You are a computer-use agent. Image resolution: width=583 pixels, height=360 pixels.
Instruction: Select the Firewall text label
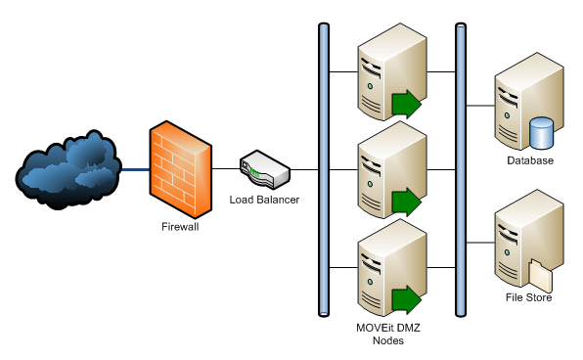pos(179,228)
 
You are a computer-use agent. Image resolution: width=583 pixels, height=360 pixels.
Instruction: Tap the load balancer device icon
pos(264,170)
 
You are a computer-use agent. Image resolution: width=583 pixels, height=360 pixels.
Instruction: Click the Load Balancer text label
pos(264,200)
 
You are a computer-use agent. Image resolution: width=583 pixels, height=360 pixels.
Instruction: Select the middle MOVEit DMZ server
pos(384,170)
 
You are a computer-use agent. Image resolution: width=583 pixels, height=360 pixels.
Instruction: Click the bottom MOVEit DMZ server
pos(384,269)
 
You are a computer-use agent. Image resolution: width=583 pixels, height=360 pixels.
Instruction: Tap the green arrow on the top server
pos(405,103)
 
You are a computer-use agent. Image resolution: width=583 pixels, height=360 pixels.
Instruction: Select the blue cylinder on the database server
pos(541,131)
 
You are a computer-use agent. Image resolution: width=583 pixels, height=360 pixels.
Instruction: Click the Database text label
pos(530,160)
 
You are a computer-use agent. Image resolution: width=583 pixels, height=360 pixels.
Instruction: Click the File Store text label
pos(529,298)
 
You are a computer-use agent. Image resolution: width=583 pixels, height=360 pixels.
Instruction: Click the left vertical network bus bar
pos(324,170)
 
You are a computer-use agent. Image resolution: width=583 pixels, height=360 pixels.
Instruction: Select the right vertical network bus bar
pos(460,170)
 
